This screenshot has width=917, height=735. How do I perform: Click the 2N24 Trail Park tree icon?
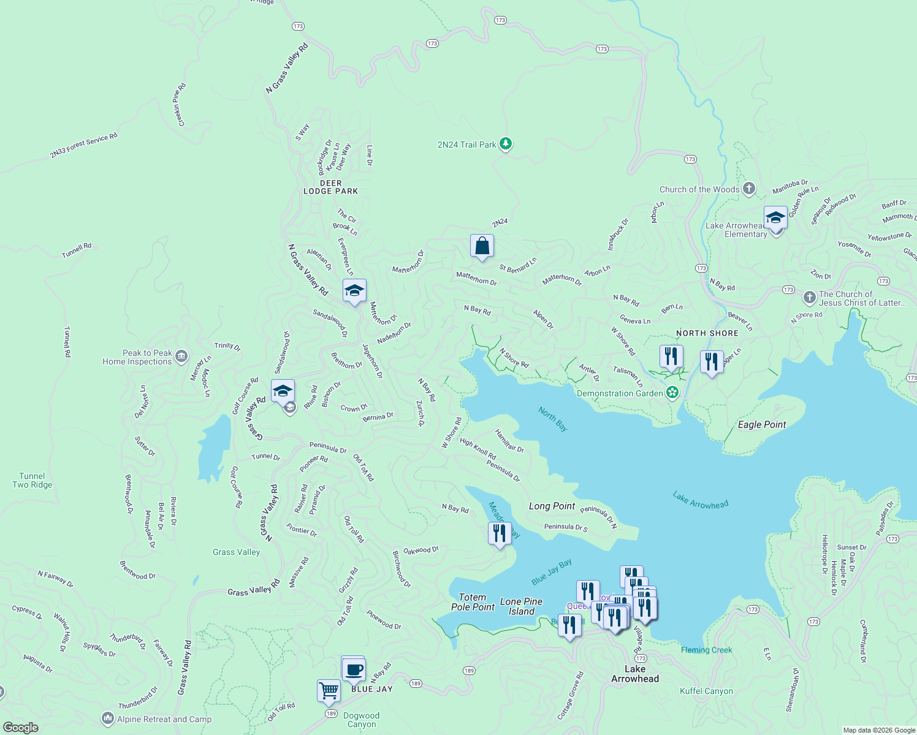point(505,144)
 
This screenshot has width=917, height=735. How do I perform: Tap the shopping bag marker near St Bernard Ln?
point(482,246)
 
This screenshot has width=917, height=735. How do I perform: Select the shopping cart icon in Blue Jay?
point(329,691)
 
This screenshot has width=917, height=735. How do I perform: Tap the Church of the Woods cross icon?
point(748,189)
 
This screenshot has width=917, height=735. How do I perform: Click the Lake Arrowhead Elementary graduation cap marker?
point(775,218)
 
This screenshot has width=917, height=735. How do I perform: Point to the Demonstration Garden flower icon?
point(672,393)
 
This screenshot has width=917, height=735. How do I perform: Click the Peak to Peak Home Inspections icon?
point(181,356)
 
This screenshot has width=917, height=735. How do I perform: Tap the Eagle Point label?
point(761,424)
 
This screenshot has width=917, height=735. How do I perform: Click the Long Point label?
point(552,506)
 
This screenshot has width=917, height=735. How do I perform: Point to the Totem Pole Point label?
point(473,602)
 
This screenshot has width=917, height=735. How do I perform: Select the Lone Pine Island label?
point(521,606)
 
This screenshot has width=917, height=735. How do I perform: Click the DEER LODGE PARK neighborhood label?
point(330,187)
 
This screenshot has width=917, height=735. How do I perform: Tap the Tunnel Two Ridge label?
point(32,480)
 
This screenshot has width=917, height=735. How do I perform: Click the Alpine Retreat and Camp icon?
point(108,718)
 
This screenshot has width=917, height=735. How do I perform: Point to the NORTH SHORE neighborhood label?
point(707,333)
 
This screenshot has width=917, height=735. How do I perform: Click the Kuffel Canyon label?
point(706,691)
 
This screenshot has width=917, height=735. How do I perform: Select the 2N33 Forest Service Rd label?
point(83,146)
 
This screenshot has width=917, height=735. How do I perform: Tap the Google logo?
point(21,727)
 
